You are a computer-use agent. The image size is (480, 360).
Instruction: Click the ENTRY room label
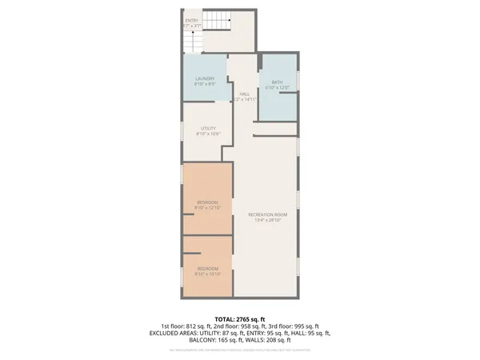click(x=192, y=20)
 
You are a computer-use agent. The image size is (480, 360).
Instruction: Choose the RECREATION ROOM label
click(x=267, y=215)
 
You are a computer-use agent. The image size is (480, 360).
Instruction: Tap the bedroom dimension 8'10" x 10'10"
click(x=207, y=274)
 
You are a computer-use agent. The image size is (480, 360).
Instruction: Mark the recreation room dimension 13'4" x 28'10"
click(x=267, y=221)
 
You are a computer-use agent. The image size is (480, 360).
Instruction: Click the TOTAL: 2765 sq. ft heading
click(x=240, y=318)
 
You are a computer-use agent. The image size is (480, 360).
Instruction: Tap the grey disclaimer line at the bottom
click(x=240, y=350)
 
